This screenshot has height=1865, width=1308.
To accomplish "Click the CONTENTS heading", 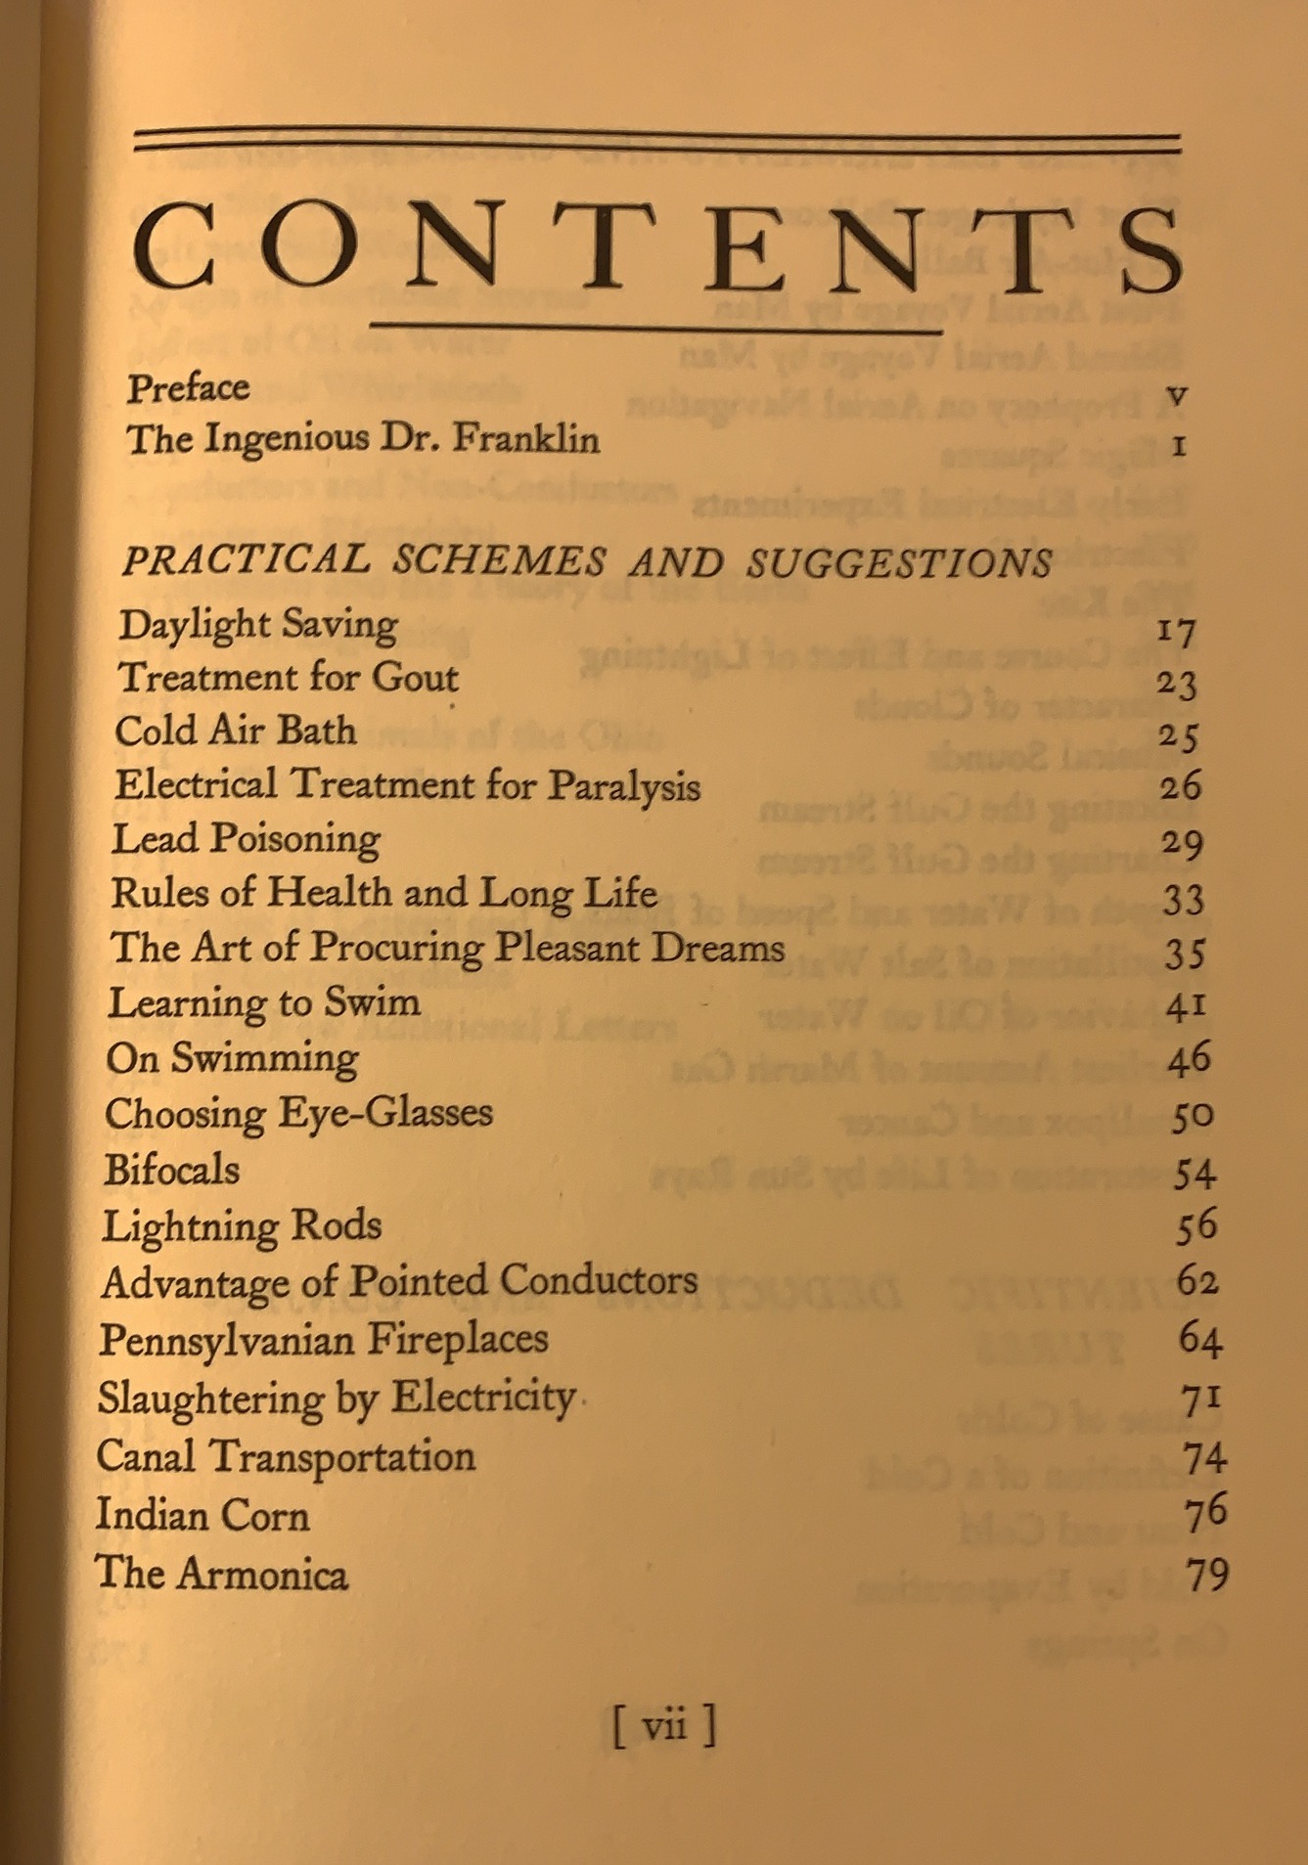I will click(x=657, y=247).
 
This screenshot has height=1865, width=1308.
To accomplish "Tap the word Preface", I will click(x=188, y=387).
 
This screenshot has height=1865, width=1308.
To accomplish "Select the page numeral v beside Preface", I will click(x=1178, y=395).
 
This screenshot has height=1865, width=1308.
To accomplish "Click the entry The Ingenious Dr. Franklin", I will click(x=363, y=438).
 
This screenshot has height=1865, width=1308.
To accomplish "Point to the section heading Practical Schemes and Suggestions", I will click(x=587, y=561).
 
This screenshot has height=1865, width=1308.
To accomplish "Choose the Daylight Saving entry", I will click(x=258, y=625).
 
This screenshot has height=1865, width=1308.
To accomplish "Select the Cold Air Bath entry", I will click(x=236, y=731).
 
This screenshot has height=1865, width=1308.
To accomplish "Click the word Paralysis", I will click(x=623, y=786).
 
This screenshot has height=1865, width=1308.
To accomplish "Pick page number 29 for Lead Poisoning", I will click(x=1181, y=842).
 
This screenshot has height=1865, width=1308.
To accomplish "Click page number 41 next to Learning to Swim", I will click(x=1186, y=1004).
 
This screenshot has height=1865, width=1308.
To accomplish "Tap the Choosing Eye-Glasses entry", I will click(x=298, y=1114).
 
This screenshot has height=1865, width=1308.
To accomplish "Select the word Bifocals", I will click(x=172, y=1170).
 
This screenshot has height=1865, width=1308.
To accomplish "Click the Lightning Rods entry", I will click(x=242, y=1226).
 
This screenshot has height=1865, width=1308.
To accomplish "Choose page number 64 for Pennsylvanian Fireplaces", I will click(x=1199, y=1338).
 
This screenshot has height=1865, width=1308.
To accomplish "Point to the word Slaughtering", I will click(x=210, y=1398).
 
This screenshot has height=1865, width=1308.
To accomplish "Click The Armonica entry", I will click(x=221, y=1574).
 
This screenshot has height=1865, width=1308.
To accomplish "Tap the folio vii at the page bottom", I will click(x=664, y=1725).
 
